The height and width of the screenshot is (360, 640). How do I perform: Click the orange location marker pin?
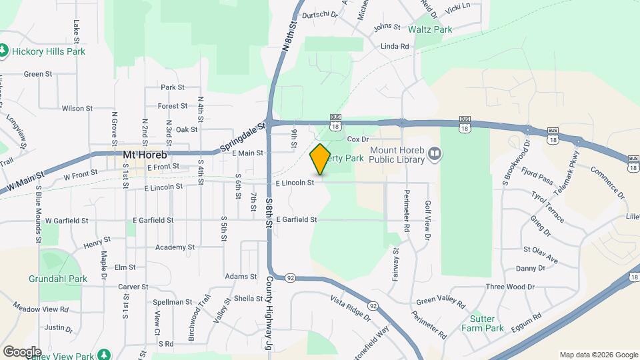point(321,159)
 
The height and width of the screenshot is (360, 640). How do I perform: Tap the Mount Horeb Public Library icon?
point(435,155)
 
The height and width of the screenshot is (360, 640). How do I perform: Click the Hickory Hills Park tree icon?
point(4,51)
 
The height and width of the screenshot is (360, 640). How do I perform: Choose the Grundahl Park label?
point(59,279)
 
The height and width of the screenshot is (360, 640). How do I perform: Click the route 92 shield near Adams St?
point(290,277)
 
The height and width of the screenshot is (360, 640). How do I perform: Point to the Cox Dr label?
point(359,139)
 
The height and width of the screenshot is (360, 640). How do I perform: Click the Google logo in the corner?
point(22,351)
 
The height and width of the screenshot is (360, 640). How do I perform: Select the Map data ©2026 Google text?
point(598,355)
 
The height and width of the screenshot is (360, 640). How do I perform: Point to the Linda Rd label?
point(394,47)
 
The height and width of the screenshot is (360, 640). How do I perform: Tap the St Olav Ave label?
point(540,251)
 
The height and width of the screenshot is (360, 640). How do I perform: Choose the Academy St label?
point(174,247)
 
